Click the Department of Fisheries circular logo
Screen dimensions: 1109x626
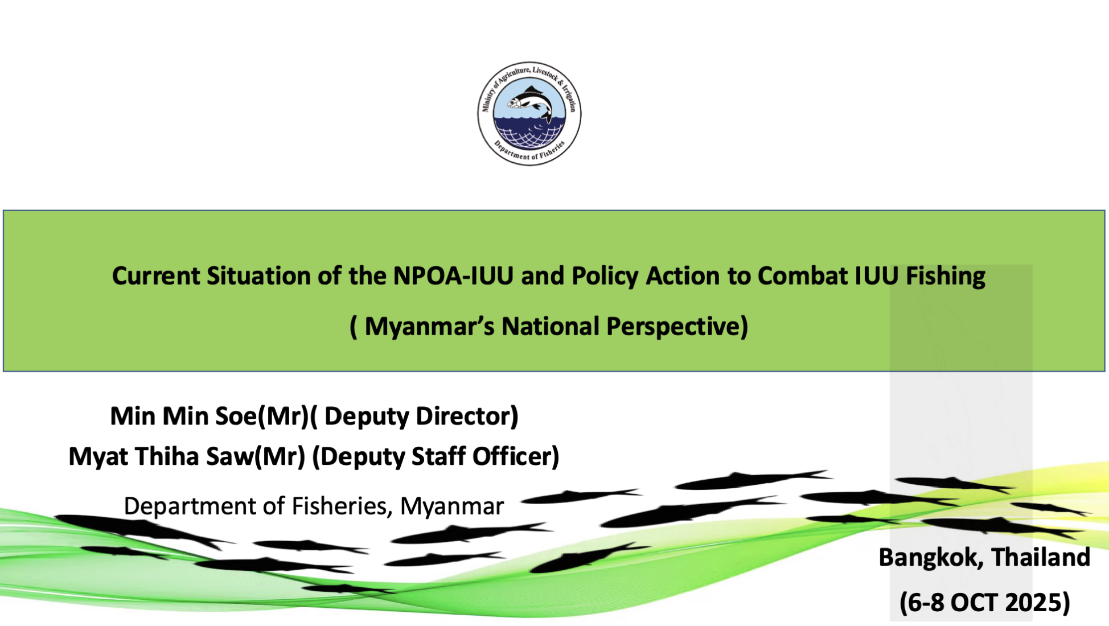[529, 114]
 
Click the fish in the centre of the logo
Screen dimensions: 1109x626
[530, 102]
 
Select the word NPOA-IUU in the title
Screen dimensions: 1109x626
[453, 276]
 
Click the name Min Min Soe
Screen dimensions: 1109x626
[183, 416]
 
